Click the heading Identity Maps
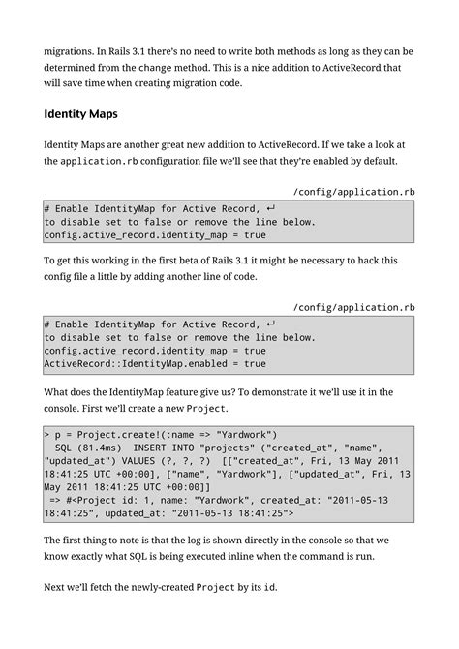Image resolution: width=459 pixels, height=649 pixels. pos(80,114)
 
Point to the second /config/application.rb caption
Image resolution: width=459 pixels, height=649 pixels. pos(353,307)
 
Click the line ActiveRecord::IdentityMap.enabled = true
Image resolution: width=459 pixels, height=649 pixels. pos(155,364)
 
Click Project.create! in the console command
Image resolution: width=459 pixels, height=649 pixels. pos(120,434)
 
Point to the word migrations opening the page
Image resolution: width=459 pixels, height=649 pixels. pos(76,49)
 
